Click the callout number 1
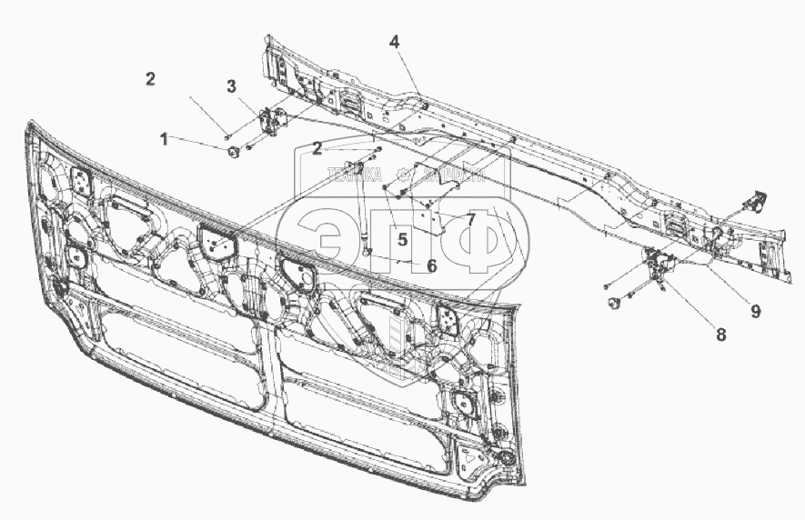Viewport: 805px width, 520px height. pos(165,140)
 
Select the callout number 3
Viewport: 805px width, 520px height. pos(232,86)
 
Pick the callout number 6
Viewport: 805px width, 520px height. pos(431,265)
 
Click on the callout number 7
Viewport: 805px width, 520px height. pos(471,219)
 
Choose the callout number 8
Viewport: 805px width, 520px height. pos(720,334)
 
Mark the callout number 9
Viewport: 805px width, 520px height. pos(754,310)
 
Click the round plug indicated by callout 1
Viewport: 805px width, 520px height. pos(232,151)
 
